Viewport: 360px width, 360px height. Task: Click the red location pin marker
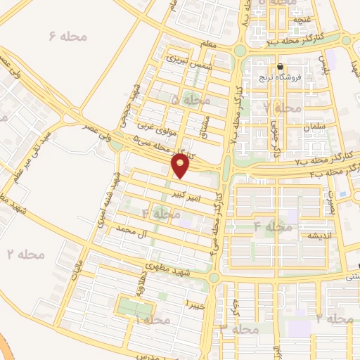(x=181, y=167)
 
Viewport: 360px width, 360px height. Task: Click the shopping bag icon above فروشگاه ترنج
(x=281, y=67)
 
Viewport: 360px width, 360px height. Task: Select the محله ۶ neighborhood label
(x=67, y=35)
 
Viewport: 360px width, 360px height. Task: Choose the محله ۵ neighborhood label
(x=190, y=101)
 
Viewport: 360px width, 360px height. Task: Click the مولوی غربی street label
(x=154, y=126)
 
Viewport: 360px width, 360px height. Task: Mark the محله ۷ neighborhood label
(x=281, y=108)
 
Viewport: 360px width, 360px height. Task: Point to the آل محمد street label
(x=134, y=229)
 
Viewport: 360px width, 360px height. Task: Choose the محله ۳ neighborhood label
(x=240, y=328)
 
